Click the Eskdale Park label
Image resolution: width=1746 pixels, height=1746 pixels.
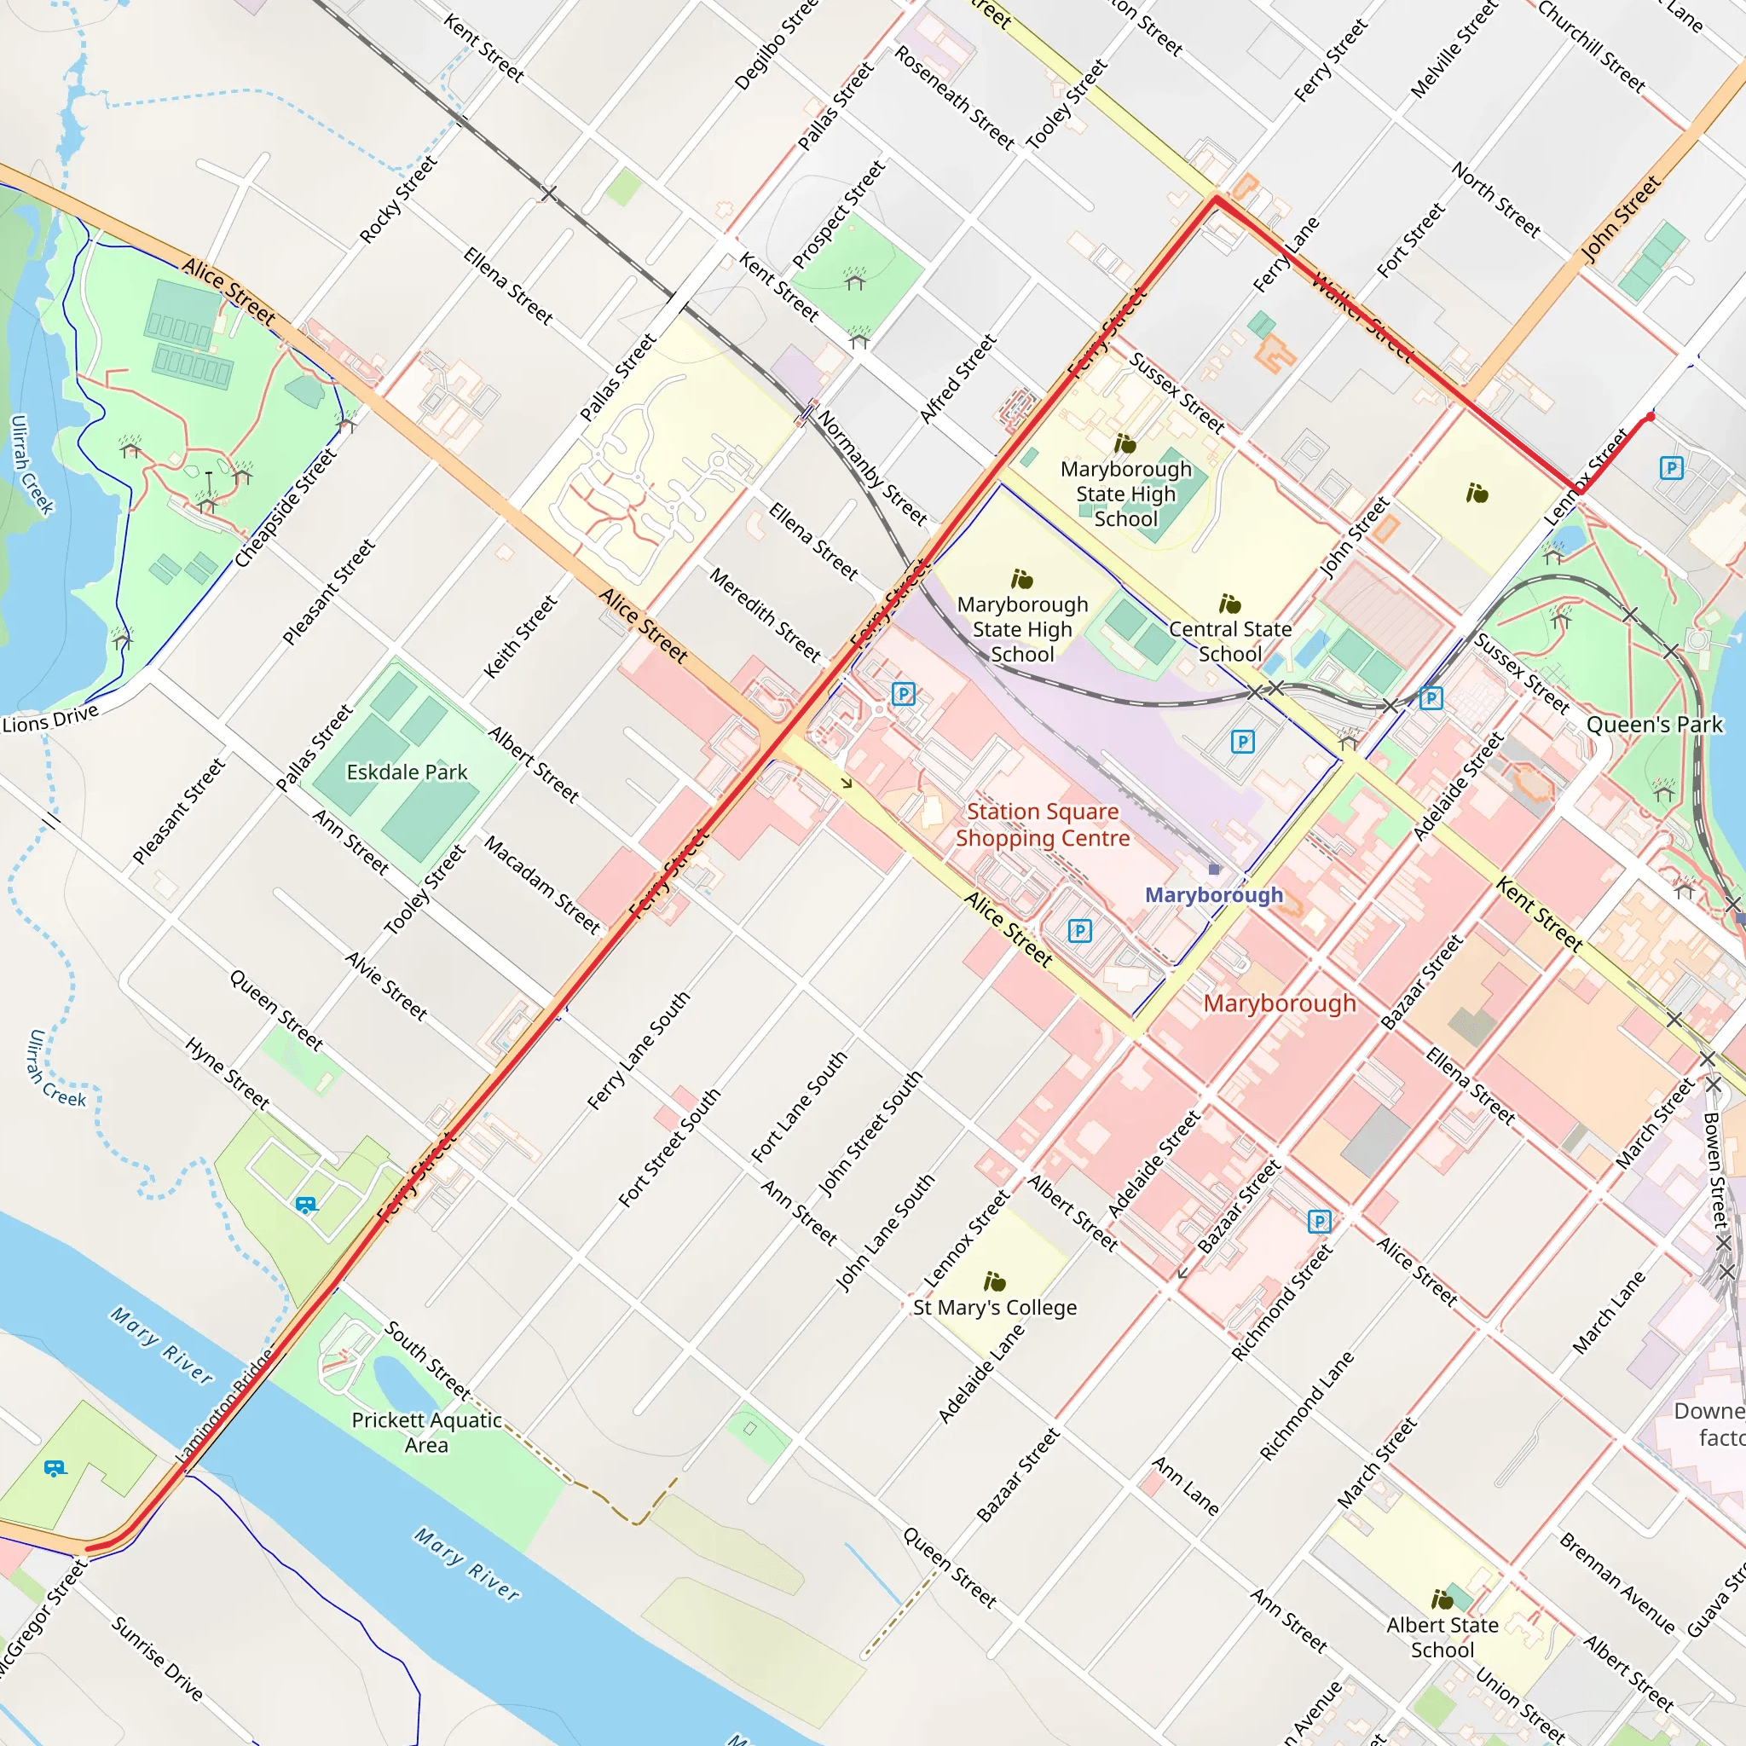pos(407,772)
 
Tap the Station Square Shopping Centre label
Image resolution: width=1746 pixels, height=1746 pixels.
pos(1042,824)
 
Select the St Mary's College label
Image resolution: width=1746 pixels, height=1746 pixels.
pos(994,1307)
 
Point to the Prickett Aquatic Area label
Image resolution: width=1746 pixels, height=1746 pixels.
pos(426,1431)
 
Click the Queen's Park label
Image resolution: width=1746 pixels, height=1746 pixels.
pos(1654,724)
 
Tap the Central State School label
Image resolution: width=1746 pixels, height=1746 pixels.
pos(1229,641)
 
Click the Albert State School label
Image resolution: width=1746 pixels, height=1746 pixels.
pos(1442,1637)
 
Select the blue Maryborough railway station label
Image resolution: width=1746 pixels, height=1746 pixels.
pos(1213,893)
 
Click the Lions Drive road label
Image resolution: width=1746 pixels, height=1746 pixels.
pos(50,720)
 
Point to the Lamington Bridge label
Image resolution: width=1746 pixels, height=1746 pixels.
pos(225,1406)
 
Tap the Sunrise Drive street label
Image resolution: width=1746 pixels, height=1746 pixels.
pos(157,1658)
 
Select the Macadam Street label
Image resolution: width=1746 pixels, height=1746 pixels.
pos(542,885)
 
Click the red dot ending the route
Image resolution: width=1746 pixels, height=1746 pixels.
pos(1651,417)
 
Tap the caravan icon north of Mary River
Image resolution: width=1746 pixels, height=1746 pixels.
pos(306,1205)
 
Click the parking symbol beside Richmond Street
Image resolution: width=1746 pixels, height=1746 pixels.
pos(1320,1222)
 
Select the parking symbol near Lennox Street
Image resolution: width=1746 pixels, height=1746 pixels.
pos(1671,468)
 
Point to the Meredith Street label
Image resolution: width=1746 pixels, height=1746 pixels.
pos(765,615)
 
